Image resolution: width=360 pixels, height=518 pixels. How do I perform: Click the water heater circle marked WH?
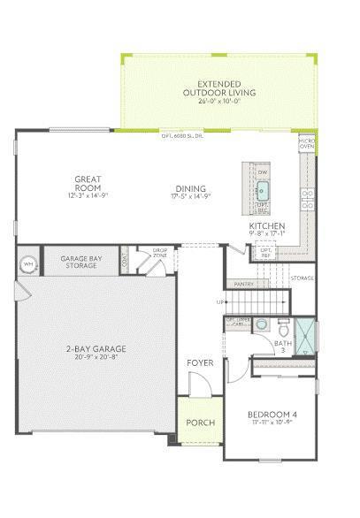28,264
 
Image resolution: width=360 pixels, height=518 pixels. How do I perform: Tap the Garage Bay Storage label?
80,263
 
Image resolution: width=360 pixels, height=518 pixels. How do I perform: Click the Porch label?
200,423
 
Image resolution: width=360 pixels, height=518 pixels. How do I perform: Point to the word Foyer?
199,363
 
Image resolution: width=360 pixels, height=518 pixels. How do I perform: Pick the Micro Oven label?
307,143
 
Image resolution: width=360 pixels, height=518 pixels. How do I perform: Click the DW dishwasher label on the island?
263,171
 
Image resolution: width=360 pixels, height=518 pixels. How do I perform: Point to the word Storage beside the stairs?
303,278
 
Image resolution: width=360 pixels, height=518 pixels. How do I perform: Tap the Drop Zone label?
159,255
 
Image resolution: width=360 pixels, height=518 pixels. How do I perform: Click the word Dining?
190,188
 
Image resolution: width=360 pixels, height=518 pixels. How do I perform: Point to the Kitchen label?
266,226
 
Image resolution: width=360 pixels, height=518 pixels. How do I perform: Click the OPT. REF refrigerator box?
264,253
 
